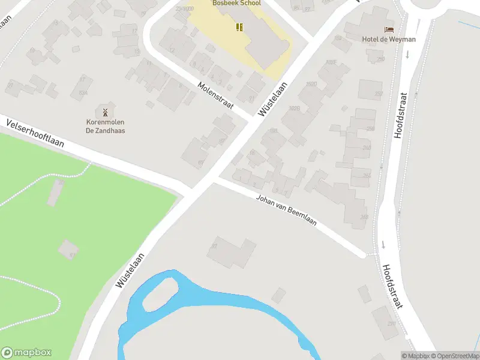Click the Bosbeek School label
pos(236,3)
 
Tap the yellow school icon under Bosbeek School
pos(239,26)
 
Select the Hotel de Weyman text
pos(389,40)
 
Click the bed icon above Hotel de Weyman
pos(389,29)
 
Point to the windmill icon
pos(105,112)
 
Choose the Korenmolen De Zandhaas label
pos(105,126)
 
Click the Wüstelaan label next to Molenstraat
pos(271,99)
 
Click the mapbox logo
pos(26,353)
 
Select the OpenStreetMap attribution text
pos(453,356)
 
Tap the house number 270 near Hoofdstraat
pos(392,324)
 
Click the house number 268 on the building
pos(364,217)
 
